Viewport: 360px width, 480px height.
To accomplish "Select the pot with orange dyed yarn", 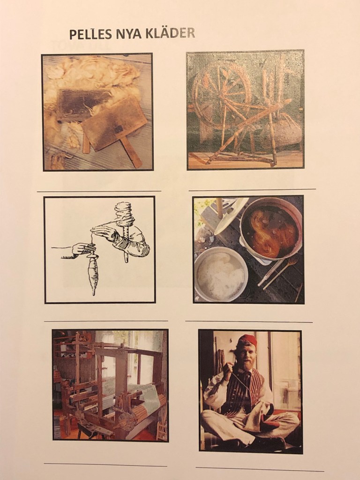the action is [x=271, y=229].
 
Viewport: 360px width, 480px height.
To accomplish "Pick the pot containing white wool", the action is [x=221, y=274].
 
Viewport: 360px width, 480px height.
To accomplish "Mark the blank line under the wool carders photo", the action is [x=99, y=191].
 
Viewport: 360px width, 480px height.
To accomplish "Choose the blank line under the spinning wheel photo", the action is [x=252, y=190].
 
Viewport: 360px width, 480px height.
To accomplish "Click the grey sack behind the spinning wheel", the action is [x=283, y=131].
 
